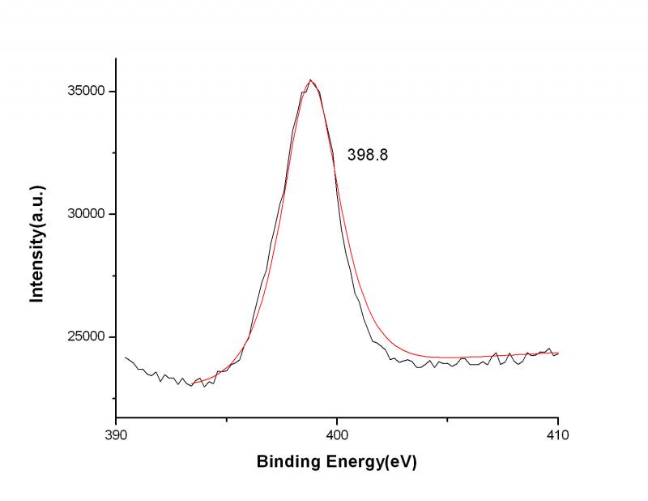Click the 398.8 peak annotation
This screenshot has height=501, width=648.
(x=368, y=155)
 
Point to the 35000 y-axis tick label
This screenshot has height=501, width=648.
(x=87, y=92)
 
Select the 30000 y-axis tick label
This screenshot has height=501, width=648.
(x=87, y=214)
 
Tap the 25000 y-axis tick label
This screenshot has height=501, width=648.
(x=87, y=337)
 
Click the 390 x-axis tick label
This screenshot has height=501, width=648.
(x=117, y=435)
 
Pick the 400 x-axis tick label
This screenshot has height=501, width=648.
(x=337, y=435)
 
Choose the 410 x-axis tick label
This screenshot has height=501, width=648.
(x=558, y=435)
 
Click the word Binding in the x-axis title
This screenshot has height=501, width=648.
(x=286, y=463)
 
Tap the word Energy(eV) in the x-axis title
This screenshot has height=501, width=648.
(x=369, y=463)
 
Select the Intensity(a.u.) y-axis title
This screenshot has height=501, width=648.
(x=36, y=244)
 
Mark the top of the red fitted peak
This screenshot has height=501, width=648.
(x=311, y=80)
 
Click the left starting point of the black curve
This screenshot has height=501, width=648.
(x=126, y=357)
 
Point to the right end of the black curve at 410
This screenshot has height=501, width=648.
(x=558, y=353)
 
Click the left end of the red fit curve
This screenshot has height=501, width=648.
(x=191, y=382)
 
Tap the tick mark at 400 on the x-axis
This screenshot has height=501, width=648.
(x=337, y=417)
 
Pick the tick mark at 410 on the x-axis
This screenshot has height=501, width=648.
(x=558, y=417)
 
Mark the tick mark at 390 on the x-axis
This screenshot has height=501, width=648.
(x=117, y=417)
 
